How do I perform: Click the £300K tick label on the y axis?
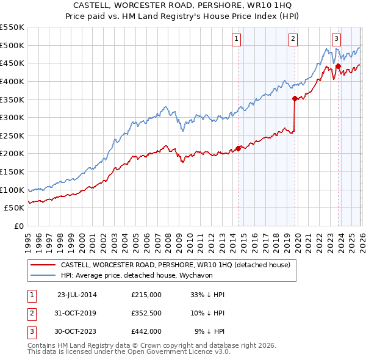(12, 117)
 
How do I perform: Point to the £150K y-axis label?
(12, 171)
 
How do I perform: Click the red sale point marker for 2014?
(239, 148)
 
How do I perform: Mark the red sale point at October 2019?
(295, 98)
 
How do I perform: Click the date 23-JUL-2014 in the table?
(77, 295)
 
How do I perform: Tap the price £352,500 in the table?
(146, 314)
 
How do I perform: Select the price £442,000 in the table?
(146, 332)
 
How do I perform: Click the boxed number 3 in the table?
(30, 332)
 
